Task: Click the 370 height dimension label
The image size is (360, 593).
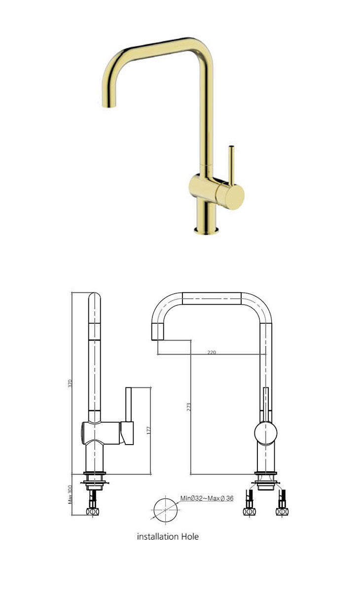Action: [70, 384]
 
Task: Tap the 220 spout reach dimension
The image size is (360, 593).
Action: [212, 352]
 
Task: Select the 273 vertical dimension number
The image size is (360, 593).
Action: [188, 407]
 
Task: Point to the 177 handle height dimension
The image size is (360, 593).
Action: [148, 430]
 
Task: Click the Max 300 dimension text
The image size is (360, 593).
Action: [70, 494]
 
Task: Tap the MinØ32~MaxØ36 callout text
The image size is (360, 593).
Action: [207, 498]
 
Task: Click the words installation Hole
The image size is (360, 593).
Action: [168, 537]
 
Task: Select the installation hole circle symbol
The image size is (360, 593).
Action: [166, 510]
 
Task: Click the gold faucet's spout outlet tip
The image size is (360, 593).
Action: [109, 106]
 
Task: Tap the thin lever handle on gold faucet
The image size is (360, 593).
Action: [231, 166]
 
